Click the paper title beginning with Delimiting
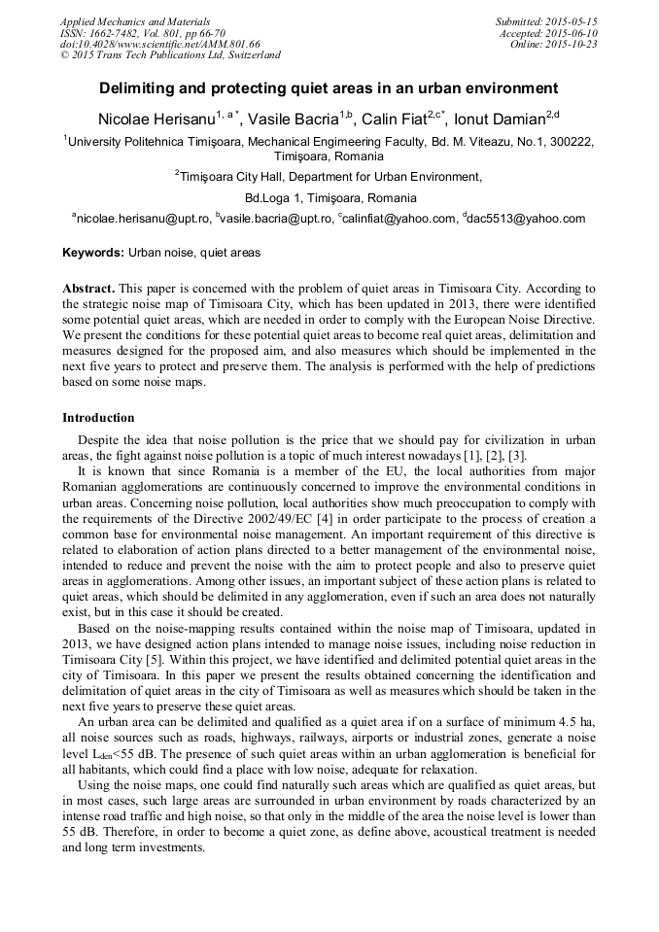(x=329, y=87)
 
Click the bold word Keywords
(x=92, y=253)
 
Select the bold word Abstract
(x=88, y=290)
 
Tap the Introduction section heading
(x=98, y=418)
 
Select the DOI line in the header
(x=159, y=45)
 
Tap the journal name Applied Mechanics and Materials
(x=134, y=21)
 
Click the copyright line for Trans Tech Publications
(x=170, y=55)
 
